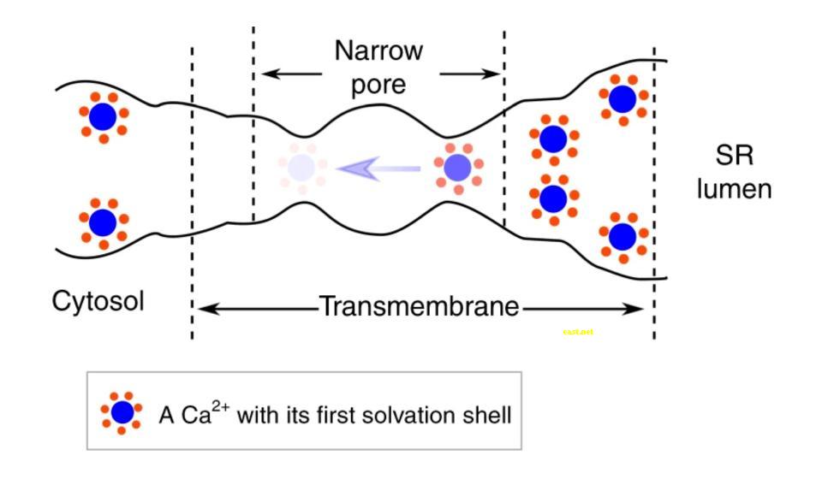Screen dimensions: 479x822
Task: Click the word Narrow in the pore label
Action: [378, 51]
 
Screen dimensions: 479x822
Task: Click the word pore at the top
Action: [378, 86]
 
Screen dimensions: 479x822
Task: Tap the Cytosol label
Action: [98, 301]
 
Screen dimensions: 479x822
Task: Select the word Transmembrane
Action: [420, 306]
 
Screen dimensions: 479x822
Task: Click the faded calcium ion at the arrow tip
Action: [301, 168]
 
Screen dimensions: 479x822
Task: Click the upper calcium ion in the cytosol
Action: [103, 116]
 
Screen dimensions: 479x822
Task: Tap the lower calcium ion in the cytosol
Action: [103, 222]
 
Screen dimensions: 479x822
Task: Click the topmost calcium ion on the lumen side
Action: [622, 99]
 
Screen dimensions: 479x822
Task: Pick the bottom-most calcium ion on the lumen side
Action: [622, 236]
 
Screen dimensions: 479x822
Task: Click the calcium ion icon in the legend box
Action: [122, 413]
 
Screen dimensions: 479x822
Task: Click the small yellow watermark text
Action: [578, 332]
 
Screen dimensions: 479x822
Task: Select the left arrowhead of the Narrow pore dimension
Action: [267, 74]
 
